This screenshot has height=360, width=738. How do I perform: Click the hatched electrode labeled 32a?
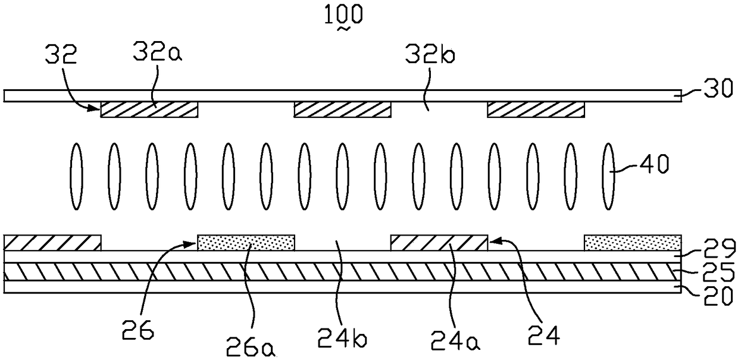click(x=149, y=109)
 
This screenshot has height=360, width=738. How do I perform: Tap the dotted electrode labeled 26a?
click(x=246, y=243)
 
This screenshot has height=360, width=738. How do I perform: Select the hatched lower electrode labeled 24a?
click(x=439, y=243)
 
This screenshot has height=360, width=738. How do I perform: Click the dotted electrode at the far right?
click(x=632, y=243)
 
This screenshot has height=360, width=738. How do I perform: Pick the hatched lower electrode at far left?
click(x=52, y=243)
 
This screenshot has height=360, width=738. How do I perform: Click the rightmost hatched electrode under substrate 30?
click(x=536, y=109)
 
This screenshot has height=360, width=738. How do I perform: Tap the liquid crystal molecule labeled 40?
click(x=608, y=177)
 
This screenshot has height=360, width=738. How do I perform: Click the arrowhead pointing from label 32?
click(x=96, y=109)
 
